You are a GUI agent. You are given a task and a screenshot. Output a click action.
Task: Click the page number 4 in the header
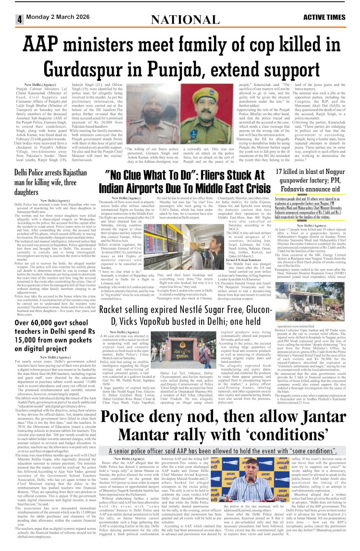click(19, 19)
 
